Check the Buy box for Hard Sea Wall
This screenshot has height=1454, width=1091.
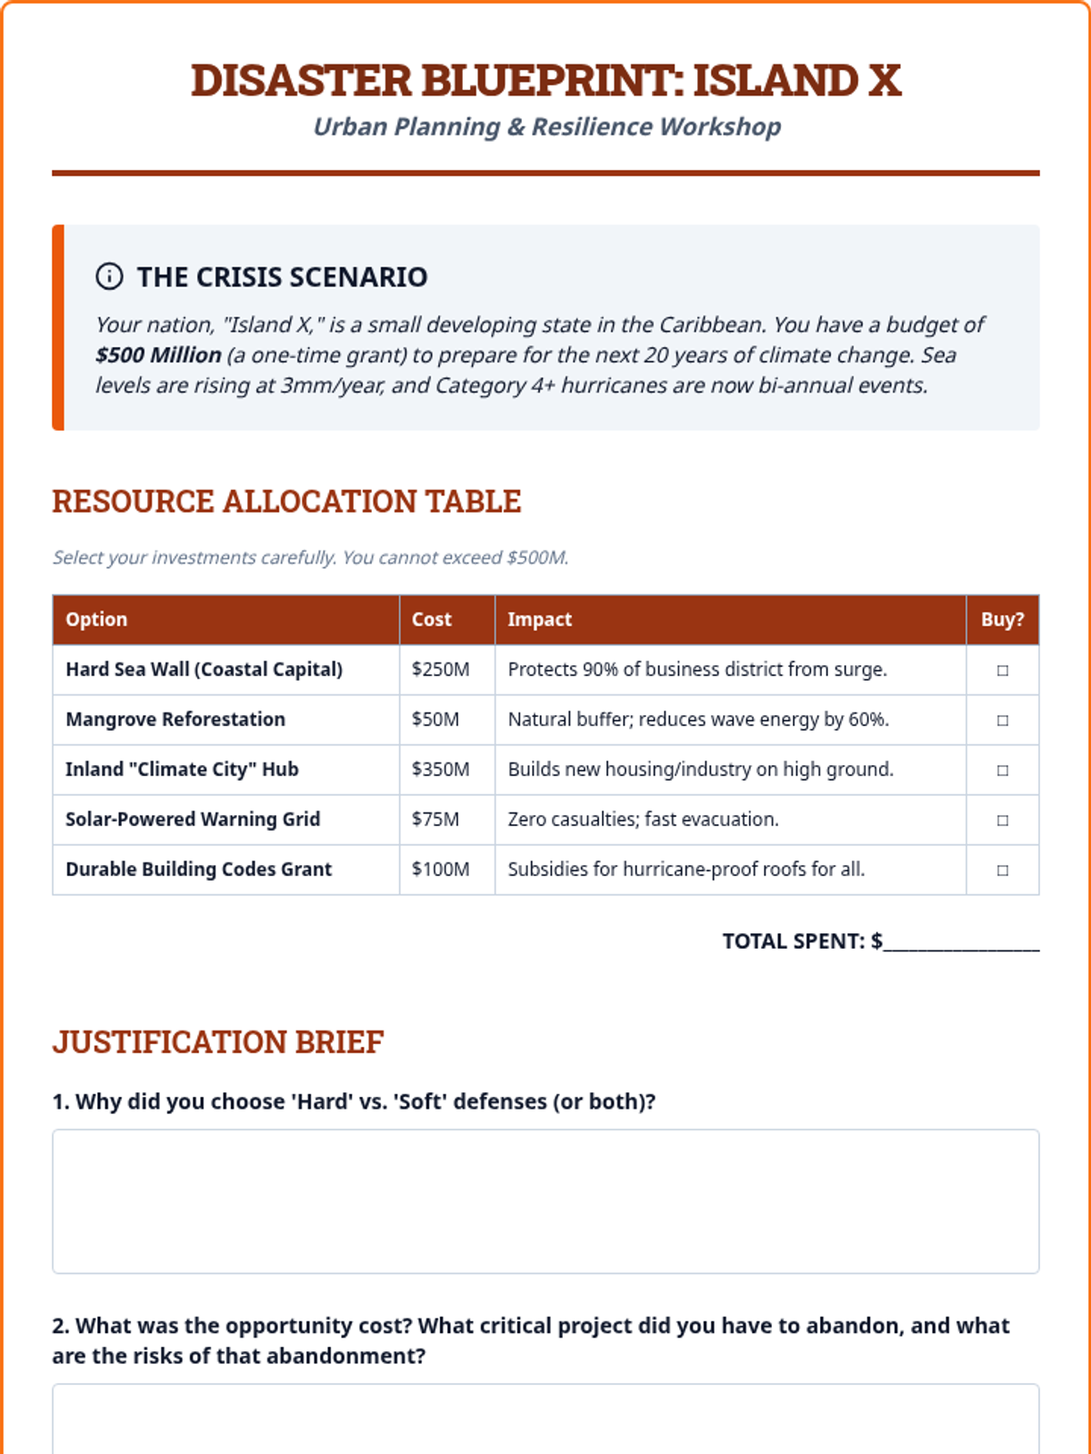1002,671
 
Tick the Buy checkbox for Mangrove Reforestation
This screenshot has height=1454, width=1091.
1002,721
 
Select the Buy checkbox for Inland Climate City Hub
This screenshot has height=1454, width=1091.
1002,771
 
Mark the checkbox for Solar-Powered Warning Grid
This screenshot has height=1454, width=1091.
1002,821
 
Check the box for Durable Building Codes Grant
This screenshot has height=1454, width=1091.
1002,871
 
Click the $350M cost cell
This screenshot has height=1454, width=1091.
441,770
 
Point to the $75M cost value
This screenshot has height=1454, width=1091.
435,820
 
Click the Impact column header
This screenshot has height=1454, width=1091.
540,620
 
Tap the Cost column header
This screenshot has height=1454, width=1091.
432,620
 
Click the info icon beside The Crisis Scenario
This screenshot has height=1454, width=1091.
109,276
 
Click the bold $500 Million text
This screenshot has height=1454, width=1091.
158,355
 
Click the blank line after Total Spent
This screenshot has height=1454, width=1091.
961,943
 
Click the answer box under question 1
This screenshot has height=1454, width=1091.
545,1201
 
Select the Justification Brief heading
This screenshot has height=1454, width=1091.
218,1042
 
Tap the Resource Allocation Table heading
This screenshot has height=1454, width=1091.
286,502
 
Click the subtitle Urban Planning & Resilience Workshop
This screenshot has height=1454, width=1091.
546,127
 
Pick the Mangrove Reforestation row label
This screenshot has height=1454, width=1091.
175,720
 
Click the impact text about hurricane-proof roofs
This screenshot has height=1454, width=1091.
686,870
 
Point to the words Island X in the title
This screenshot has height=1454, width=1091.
797,81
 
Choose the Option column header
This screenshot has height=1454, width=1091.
96,620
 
